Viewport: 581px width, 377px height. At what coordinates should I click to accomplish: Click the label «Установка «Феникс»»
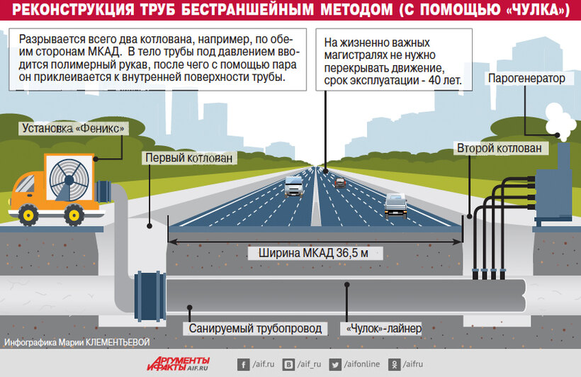coord(74,128)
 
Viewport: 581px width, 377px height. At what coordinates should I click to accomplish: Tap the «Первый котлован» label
coord(189,158)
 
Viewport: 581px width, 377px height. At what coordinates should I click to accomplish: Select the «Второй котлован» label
coord(500,148)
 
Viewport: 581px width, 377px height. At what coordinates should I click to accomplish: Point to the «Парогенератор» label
coord(526,79)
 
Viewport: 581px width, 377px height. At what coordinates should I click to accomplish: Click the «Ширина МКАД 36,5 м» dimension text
coord(313,253)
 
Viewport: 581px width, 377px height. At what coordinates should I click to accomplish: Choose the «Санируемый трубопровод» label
coord(255,328)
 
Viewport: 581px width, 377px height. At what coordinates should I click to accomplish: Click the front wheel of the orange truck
coord(28,215)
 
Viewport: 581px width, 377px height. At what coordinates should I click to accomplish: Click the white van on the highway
coord(294,186)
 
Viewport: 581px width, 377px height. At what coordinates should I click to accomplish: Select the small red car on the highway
coord(340,183)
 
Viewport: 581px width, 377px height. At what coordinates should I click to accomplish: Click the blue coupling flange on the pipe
coord(150,296)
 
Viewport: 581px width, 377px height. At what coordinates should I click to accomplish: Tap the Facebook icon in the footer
coord(243,365)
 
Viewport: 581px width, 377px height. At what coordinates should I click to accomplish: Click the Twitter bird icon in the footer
coord(335,365)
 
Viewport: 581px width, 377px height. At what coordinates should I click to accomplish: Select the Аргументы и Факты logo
coord(179,364)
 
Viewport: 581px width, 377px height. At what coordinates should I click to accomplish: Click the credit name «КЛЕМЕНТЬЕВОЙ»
coord(118,342)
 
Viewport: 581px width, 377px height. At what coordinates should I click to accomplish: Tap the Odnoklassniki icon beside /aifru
coord(394,365)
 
